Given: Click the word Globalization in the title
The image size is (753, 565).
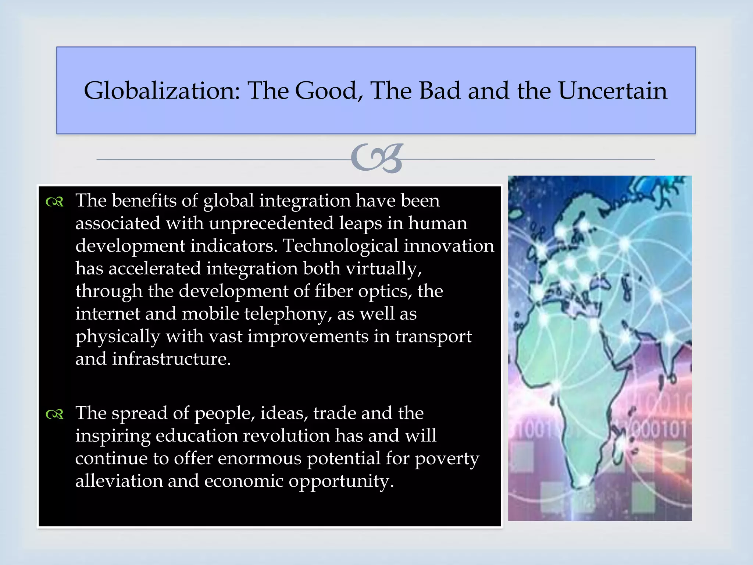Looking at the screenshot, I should click(162, 91).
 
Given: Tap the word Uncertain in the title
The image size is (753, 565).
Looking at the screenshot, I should click(612, 91).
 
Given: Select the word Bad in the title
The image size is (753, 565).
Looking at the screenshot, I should click(439, 91).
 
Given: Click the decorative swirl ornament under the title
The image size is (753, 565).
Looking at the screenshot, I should click(377, 159).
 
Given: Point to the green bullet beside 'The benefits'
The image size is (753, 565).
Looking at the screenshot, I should click(55, 202).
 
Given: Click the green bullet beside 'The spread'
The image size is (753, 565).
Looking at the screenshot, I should click(55, 415).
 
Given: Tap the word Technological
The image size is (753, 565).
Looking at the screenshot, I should click(340, 246).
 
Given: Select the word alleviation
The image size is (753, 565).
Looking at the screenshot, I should click(119, 481).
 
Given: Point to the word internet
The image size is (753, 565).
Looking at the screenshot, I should click(107, 314).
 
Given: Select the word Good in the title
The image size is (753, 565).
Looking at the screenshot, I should click(325, 91).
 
